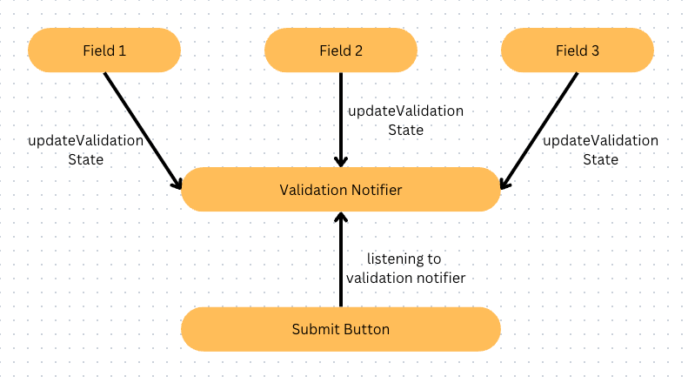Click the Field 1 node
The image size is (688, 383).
coord(104,50)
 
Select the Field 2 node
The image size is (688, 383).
coord(341,50)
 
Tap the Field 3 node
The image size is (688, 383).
coord(578,50)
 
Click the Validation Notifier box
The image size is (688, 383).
coord(341,189)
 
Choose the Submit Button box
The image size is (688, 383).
coord(341,329)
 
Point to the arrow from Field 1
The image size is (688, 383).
coord(143,131)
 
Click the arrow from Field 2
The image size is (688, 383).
coord(341,119)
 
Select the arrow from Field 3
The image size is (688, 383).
coord(538,131)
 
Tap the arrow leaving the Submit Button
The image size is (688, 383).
coord(341,259)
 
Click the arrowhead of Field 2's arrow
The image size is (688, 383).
coord(341,162)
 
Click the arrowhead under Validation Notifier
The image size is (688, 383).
coord(341,217)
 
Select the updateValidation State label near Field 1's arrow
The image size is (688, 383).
coord(85,150)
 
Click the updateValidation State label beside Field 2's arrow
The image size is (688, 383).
coord(406,120)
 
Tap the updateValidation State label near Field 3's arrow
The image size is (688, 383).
coord(601,150)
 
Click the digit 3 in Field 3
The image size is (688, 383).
coord(595,50)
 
